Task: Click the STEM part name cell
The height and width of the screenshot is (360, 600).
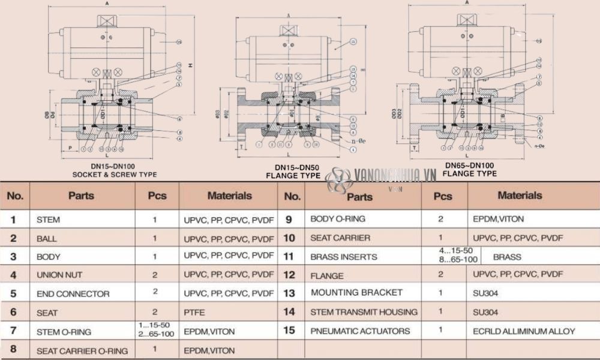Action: (x=48, y=220)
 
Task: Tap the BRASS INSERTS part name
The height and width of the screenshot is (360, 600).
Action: (x=343, y=257)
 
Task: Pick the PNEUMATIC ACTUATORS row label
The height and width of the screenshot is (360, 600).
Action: (x=360, y=331)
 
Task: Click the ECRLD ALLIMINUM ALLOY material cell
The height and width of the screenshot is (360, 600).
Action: (x=523, y=331)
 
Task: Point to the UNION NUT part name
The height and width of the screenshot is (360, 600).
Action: (x=59, y=275)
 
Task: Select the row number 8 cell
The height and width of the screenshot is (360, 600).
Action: (x=13, y=350)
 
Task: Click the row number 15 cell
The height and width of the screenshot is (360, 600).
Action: (x=289, y=331)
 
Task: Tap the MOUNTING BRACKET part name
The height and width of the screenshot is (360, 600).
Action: (x=356, y=293)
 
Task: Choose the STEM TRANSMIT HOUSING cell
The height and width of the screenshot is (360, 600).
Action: (x=364, y=312)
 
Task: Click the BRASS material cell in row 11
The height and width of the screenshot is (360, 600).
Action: (x=507, y=257)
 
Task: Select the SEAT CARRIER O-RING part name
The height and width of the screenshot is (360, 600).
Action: (x=82, y=350)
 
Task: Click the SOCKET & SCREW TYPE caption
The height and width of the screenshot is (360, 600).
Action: (x=115, y=175)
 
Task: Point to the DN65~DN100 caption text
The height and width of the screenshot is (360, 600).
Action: (x=470, y=165)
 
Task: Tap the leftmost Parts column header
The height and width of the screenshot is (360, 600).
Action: (x=81, y=196)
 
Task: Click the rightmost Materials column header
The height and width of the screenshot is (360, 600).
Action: (x=520, y=196)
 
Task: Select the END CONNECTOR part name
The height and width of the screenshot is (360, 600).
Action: (x=73, y=294)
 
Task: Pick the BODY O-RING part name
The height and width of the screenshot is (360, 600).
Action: (x=337, y=219)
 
